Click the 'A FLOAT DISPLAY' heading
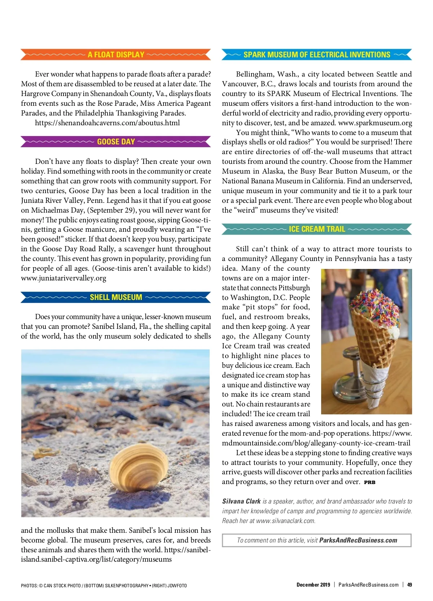(x=116, y=55)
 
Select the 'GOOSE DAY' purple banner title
(x=116, y=141)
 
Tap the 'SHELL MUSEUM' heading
(x=116, y=297)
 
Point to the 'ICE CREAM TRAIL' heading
(x=317, y=229)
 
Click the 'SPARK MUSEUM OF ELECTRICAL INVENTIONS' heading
(x=317, y=55)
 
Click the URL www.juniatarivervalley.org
(x=64, y=278)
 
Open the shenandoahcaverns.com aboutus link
(x=107, y=123)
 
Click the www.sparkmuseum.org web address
(x=375, y=123)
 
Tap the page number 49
(x=410, y=585)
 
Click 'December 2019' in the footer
(x=313, y=585)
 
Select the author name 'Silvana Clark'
(x=241, y=501)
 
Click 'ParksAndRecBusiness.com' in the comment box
(x=358, y=540)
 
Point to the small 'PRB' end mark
(x=369, y=482)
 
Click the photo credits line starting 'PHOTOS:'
(x=104, y=585)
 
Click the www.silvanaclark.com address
(x=285, y=521)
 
